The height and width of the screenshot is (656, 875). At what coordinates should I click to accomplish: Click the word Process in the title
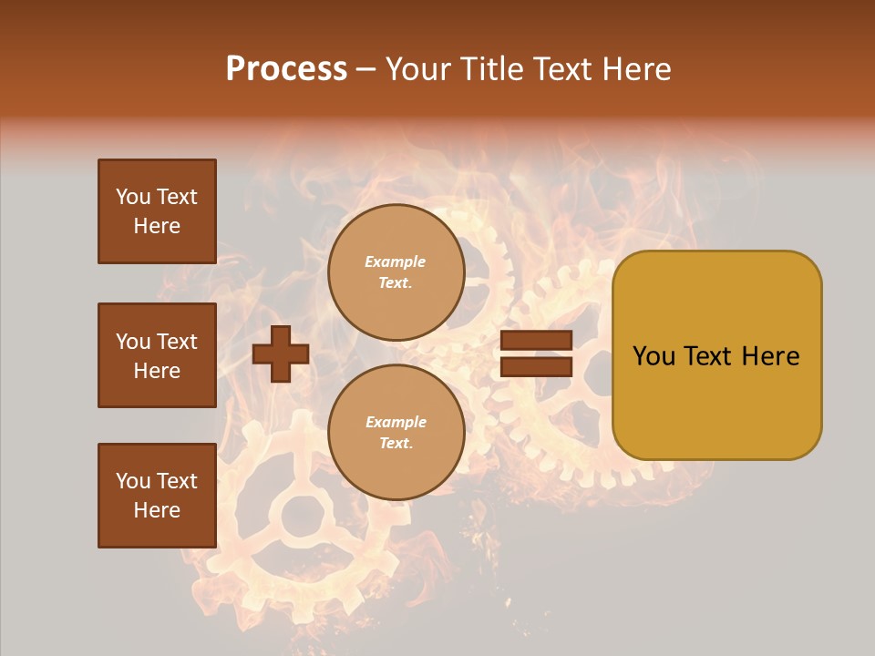pyautogui.click(x=286, y=69)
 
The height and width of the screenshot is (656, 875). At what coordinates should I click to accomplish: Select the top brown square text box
pyautogui.click(x=157, y=211)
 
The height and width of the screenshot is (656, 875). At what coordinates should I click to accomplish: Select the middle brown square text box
pyautogui.click(x=157, y=355)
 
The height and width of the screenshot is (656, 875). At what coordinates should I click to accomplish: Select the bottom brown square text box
pyautogui.click(x=157, y=496)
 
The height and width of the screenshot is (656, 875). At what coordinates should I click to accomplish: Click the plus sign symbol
pyautogui.click(x=281, y=354)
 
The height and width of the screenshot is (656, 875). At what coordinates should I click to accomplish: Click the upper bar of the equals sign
pyautogui.click(x=536, y=341)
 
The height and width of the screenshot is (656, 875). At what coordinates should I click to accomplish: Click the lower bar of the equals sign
pyautogui.click(x=536, y=366)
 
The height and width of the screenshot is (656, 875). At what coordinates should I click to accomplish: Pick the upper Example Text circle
pyautogui.click(x=396, y=272)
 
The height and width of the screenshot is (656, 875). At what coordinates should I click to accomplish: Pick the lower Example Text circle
pyautogui.click(x=396, y=433)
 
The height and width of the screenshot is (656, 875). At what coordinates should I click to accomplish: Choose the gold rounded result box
pyautogui.click(x=716, y=355)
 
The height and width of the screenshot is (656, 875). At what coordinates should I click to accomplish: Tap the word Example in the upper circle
pyautogui.click(x=395, y=262)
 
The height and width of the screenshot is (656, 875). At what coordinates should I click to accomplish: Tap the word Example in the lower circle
pyautogui.click(x=396, y=423)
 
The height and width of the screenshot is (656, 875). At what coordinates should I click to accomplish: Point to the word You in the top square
pyautogui.click(x=133, y=197)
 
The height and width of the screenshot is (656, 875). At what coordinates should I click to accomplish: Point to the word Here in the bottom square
pyautogui.click(x=157, y=510)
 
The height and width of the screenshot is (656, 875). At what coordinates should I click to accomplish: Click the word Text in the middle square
pyautogui.click(x=177, y=342)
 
